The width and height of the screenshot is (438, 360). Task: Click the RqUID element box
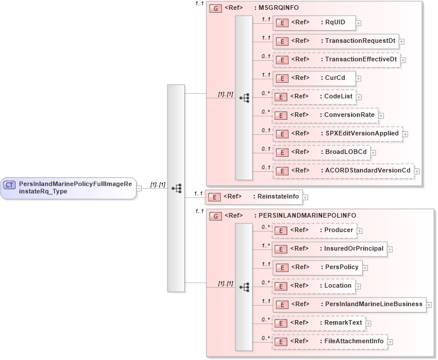(313, 23)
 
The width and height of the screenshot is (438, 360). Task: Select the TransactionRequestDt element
(335, 41)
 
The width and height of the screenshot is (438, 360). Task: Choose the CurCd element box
(313, 78)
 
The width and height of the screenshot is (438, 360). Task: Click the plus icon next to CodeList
(359, 97)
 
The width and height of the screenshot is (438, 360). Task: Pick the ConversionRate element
(325, 115)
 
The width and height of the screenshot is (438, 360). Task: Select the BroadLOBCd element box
(322, 152)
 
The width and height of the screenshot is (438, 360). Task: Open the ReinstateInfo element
(254, 197)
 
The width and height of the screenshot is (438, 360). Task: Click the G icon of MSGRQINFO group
(215, 9)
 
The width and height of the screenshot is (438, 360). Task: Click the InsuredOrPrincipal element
(329, 249)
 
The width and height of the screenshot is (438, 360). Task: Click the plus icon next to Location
(358, 286)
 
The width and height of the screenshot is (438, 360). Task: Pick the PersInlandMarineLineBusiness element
(349, 304)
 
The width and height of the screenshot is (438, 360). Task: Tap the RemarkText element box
(319, 322)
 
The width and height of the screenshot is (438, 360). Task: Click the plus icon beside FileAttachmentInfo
(390, 342)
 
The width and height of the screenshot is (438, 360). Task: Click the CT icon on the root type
(10, 185)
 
